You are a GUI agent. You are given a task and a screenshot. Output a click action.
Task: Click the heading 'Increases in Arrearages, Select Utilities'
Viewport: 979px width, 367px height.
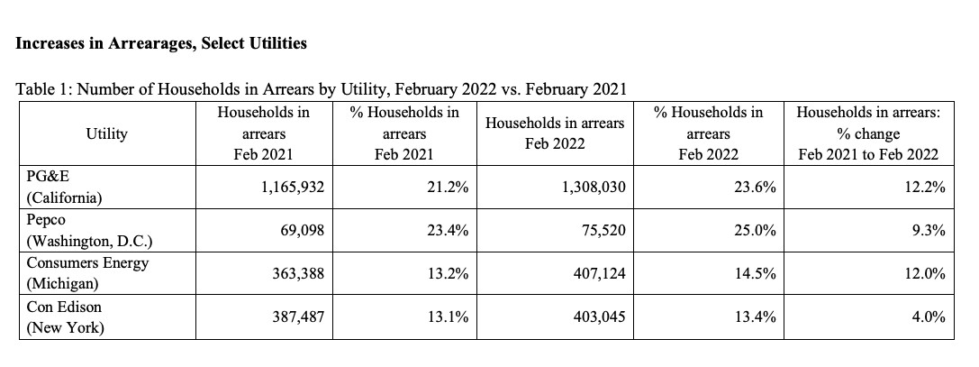[161, 44]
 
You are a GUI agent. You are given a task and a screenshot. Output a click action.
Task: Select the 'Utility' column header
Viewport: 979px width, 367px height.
[107, 133]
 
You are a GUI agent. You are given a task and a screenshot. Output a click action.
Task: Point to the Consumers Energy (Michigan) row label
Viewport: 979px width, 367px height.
[87, 273]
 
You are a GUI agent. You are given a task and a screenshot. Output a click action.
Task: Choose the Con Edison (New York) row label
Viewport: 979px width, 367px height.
[64, 317]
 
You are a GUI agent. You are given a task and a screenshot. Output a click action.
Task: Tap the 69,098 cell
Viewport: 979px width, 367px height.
[302, 231]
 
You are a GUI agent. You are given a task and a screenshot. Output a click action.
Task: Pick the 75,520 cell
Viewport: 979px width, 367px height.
[603, 231]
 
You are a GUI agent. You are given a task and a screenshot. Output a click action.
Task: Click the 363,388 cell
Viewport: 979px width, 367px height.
[298, 273]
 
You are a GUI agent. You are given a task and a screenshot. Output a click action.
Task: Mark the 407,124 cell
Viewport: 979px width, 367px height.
[600, 273]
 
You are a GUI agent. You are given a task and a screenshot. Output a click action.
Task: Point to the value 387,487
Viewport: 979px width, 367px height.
[298, 317]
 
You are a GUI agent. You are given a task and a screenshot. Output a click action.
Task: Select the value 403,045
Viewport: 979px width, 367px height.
[600, 317]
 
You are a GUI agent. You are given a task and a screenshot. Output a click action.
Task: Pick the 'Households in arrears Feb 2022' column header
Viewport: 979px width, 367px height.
[555, 133]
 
